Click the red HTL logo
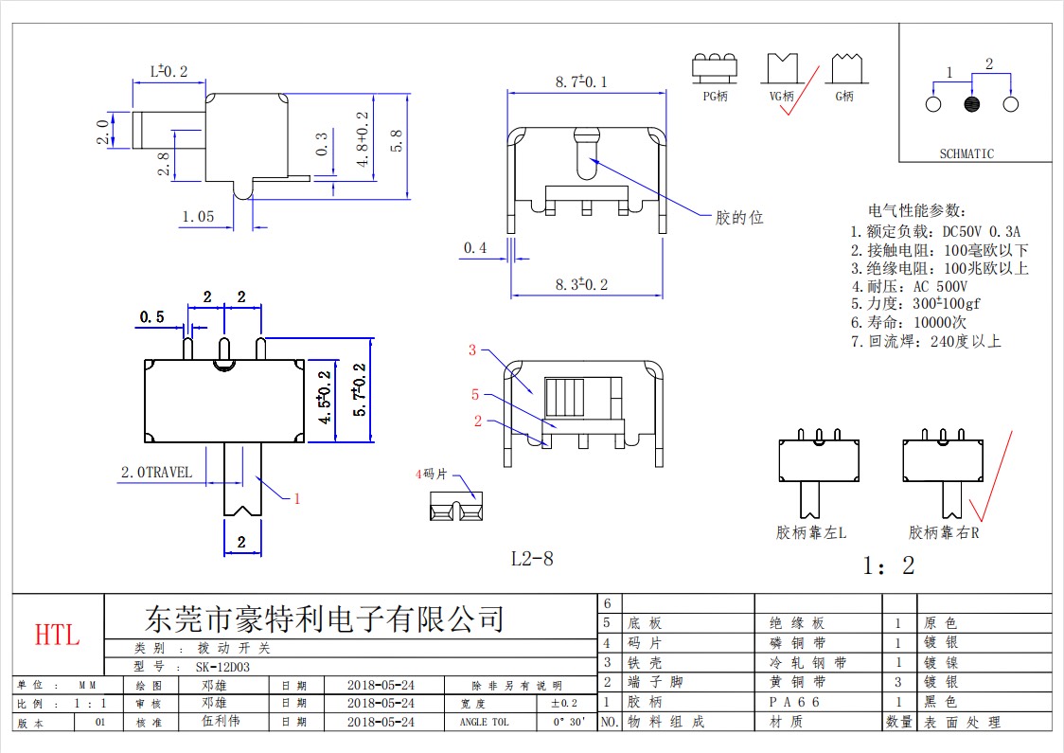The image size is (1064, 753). click(57, 635)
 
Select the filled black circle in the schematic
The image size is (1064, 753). click(972, 104)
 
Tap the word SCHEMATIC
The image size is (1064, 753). click(966, 154)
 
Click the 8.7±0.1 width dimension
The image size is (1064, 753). click(581, 81)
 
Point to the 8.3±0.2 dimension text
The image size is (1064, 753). click(581, 284)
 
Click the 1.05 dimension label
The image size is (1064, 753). click(198, 217)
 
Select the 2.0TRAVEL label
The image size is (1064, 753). click(156, 472)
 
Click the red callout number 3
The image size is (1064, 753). click(472, 350)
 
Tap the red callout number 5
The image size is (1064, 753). click(475, 394)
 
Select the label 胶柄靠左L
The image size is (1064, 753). click(811, 532)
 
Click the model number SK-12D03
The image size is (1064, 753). click(222, 667)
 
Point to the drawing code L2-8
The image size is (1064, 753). click(532, 559)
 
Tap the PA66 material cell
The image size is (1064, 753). click(794, 702)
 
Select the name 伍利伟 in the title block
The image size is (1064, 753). click(221, 721)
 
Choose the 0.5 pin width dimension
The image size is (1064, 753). click(152, 317)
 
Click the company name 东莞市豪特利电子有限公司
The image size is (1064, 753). click(325, 619)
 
